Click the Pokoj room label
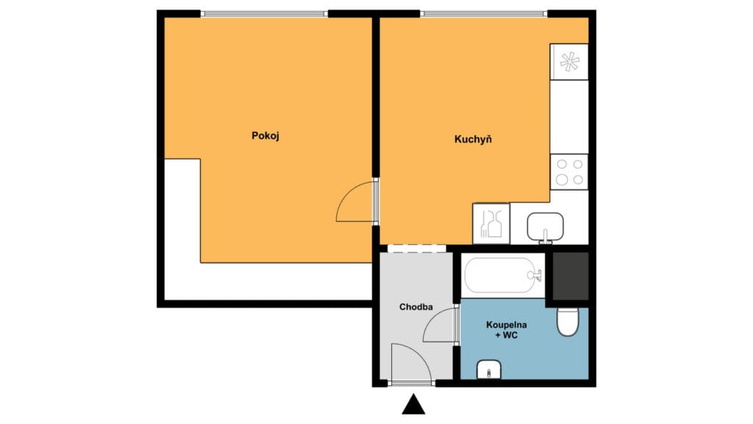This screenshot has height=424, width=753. [x=265, y=136]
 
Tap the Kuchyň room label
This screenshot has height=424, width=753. [x=473, y=139]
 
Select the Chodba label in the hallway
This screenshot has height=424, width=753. [x=416, y=307]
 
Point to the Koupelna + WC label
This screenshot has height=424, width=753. [x=506, y=330]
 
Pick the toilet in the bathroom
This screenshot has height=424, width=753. [x=568, y=322]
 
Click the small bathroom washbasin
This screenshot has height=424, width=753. [x=489, y=370]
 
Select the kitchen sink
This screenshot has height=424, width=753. [x=545, y=227]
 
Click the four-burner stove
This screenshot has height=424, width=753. [x=569, y=172]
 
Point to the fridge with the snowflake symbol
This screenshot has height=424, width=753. [x=569, y=62]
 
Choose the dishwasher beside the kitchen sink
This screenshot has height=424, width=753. [x=490, y=224]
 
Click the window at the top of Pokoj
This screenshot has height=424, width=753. [x=264, y=14]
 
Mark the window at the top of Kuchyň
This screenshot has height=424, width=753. [x=484, y=14]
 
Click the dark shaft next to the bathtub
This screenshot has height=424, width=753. [x=570, y=275]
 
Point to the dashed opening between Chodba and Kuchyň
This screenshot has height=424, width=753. [x=416, y=249]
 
